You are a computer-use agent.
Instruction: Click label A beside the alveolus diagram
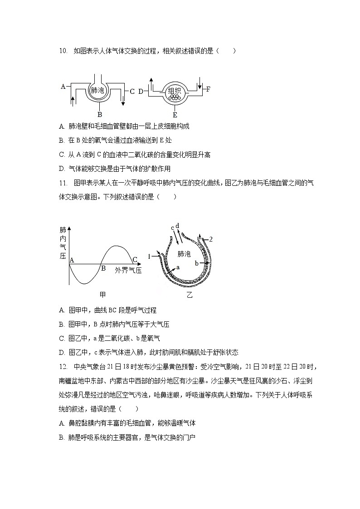pos(63,86)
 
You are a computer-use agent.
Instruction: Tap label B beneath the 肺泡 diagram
pos(100,114)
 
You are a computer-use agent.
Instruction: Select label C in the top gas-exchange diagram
pos(132,91)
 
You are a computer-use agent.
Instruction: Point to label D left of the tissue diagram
pos(141,91)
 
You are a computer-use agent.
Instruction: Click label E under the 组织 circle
pos(175,114)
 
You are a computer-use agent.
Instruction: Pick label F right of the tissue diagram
pos(208,89)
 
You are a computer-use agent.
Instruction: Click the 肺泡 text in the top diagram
pos(97,90)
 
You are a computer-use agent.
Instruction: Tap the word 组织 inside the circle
pos(174,90)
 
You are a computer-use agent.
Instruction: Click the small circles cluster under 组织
pos(174,97)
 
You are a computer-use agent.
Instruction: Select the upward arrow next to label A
pos(73,100)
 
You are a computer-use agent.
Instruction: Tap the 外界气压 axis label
pos(128,271)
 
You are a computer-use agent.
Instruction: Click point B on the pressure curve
pos(103,267)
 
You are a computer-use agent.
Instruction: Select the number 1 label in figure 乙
pos(149,257)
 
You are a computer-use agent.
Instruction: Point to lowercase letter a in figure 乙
pos(178,267)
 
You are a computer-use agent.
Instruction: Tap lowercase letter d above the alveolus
pos(177,226)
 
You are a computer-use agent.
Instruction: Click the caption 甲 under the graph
pos(102,295)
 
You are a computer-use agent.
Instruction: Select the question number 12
pos(63,366)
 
